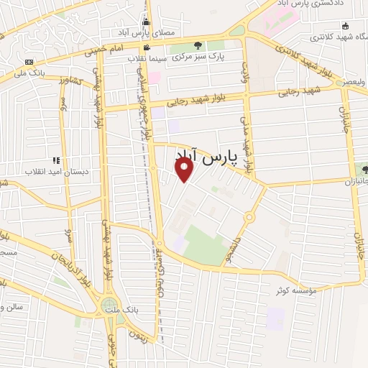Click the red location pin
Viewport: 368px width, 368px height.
coord(185,169)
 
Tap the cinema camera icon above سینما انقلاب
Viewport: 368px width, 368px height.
coord(147,47)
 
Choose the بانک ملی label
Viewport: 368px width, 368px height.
coord(31,72)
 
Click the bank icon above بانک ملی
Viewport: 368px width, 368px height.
coord(29,62)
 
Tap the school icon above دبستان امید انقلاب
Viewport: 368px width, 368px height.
coord(55,160)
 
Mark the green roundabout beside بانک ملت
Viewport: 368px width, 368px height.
coord(110,306)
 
